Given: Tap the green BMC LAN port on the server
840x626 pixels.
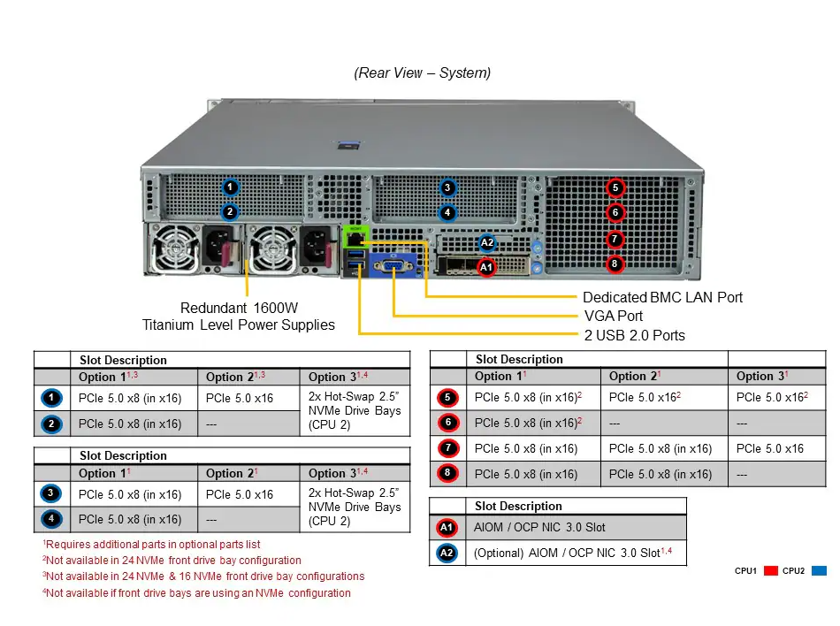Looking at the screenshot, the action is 355,236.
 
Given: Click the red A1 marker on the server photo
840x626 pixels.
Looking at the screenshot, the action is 486,267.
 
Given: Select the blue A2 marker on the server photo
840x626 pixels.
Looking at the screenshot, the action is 487,242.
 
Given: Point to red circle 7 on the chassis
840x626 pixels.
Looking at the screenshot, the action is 615,239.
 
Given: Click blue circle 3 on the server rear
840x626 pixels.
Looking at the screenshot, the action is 447,187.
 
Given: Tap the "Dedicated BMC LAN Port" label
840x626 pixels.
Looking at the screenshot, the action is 662,297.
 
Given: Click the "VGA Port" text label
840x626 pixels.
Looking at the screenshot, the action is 614,316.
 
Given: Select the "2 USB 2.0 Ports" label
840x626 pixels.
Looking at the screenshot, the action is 634,335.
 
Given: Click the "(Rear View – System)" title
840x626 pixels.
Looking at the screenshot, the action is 422,73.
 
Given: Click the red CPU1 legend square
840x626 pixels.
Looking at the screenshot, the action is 770,571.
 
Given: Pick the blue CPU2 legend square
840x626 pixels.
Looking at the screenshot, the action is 819,571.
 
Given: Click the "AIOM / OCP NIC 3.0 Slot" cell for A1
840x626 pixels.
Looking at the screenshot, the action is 539,528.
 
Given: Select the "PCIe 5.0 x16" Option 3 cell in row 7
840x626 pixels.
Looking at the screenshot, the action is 770,449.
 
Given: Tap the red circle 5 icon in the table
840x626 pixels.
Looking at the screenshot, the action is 448,397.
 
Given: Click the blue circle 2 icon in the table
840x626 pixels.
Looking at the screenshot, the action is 51,424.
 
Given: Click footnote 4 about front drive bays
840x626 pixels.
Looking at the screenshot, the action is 196,593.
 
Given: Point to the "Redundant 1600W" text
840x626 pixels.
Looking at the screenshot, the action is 239,308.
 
